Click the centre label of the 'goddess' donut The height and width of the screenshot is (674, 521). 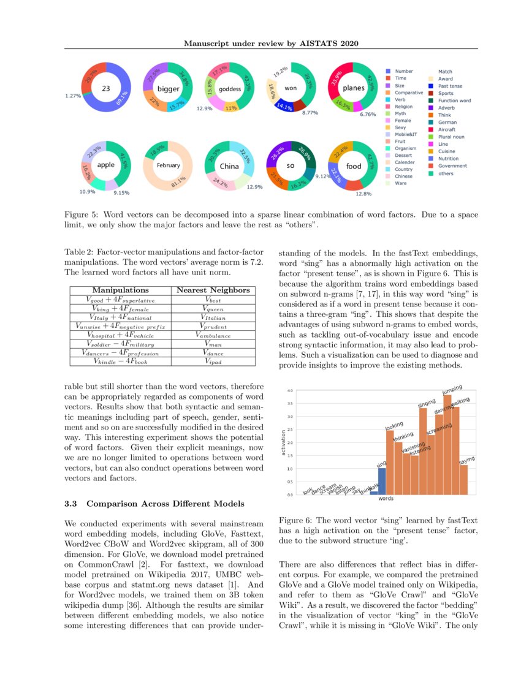click(230, 89)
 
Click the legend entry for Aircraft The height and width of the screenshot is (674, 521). click(446, 130)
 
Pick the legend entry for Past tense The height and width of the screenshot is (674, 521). click(450, 86)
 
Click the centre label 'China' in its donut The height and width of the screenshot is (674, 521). click(230, 165)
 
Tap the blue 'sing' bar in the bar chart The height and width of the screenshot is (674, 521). click(382, 481)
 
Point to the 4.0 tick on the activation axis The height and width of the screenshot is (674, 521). click(290, 390)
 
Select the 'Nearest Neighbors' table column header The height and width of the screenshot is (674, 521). click(213, 290)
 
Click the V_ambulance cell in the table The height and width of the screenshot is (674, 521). click(213, 335)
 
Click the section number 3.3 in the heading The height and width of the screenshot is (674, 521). click(72, 504)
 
